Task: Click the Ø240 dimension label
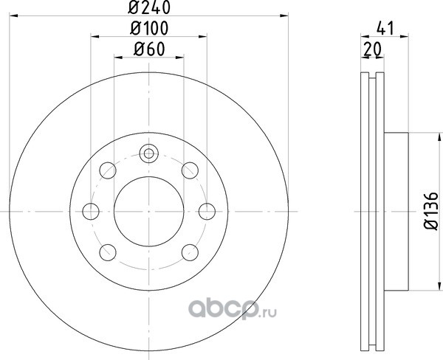[149, 7]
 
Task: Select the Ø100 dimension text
[149, 28]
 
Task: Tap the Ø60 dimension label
[149, 49]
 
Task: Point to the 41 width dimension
[385, 28]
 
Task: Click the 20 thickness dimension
[372, 49]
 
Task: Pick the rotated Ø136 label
[431, 211]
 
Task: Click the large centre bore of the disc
[149, 211]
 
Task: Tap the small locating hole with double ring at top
[149, 153]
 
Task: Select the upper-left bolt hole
[108, 170]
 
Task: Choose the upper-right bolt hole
[190, 170]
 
